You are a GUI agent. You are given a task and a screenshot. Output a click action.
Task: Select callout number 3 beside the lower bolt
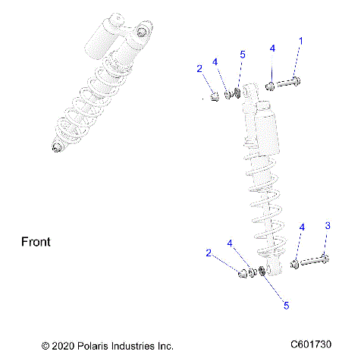click(x=328, y=226)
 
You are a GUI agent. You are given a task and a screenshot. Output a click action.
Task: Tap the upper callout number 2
click(x=199, y=69)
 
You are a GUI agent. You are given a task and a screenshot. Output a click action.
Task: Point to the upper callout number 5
click(x=243, y=55)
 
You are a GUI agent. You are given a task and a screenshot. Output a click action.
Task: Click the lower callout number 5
click(x=286, y=306)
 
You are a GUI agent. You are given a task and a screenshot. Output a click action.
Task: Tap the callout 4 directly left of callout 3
click(x=302, y=227)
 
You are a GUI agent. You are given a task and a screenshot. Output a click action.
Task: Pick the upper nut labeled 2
click(x=215, y=96)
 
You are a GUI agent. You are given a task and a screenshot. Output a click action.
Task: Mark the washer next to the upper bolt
click(x=271, y=85)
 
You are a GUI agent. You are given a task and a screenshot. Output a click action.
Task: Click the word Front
click(x=35, y=243)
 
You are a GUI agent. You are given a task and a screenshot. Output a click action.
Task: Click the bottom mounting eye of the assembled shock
click(x=54, y=146)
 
